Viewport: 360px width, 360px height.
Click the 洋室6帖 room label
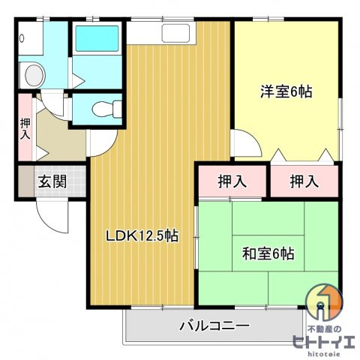(x=286, y=92)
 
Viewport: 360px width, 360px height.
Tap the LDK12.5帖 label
(x=142, y=235)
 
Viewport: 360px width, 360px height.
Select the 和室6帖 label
(x=268, y=253)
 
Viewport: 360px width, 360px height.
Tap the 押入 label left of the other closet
(x=232, y=181)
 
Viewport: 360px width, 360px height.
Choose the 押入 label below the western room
(x=304, y=181)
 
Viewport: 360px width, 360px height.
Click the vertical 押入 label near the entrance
(x=25, y=129)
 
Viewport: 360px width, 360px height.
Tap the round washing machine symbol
(x=33, y=74)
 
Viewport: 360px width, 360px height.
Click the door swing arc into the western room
(x=243, y=143)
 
